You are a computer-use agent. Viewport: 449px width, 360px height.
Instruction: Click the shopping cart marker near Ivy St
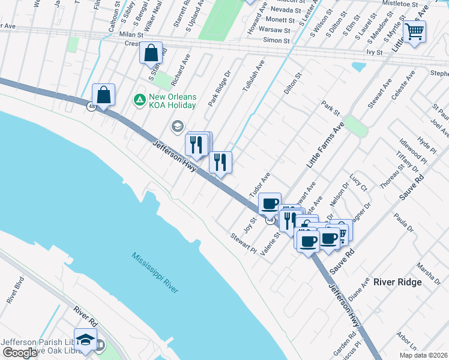[415, 31]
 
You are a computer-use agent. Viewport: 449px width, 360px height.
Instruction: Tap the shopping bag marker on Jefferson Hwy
[104, 95]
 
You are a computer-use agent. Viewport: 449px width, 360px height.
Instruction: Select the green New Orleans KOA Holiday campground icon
[139, 99]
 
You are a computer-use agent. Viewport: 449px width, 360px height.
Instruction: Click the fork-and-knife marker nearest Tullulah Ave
[220, 161]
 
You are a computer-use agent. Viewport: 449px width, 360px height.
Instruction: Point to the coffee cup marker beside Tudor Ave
[270, 203]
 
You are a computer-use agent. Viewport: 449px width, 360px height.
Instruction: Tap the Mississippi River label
[155, 272]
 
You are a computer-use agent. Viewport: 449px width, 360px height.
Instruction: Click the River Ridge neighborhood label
[398, 281]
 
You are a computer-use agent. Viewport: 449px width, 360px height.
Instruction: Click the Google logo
[19, 353]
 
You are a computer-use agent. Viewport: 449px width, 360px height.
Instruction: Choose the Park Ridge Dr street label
[220, 89]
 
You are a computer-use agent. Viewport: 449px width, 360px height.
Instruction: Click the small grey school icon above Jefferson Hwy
[176, 126]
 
